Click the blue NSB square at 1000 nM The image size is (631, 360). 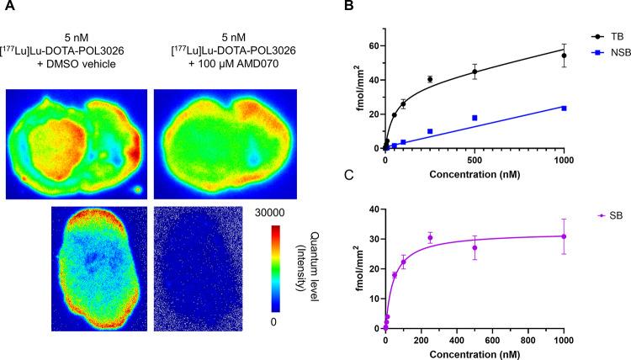coord(564,109)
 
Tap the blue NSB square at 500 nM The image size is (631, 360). coord(475,118)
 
